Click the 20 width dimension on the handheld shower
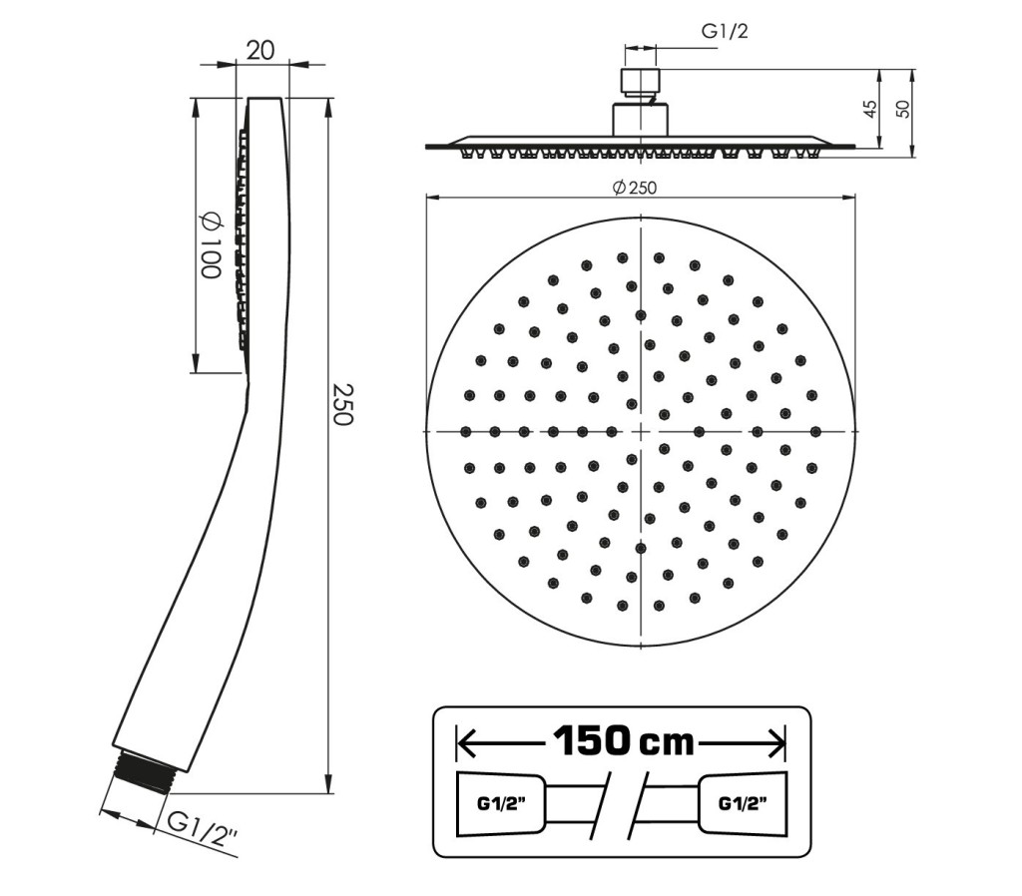pyautogui.click(x=260, y=50)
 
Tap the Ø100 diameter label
pyautogui.click(x=211, y=245)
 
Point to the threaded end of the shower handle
pyautogui.click(x=144, y=771)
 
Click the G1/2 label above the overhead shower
pyautogui.click(x=725, y=31)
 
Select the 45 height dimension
pyautogui.click(x=869, y=109)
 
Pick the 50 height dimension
pyautogui.click(x=902, y=109)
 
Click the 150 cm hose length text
pyautogui.click(x=624, y=741)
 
